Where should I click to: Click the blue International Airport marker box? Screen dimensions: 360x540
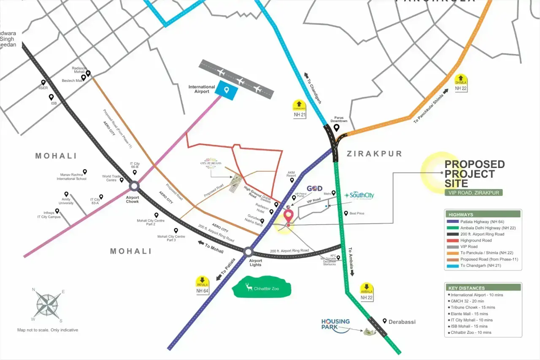coord(227,90)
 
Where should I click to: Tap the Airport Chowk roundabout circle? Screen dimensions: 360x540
coord(134,186)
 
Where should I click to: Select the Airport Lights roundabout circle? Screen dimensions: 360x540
coord(248,252)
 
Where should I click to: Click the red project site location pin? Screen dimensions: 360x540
coord(289,216)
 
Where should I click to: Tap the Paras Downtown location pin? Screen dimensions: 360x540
coord(336,127)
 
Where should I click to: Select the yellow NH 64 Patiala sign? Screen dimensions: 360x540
coord(202,285)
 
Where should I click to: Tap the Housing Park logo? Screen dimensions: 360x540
coord(335,324)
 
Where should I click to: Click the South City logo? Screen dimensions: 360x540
coord(359,195)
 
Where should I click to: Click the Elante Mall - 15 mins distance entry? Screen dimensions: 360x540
coord(469,314)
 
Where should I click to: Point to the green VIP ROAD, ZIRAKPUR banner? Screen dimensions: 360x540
coord(473,192)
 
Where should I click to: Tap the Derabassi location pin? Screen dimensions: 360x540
coord(385,321)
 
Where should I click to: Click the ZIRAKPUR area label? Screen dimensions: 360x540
coord(374,154)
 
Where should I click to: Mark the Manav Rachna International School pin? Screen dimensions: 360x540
coord(85,172)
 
